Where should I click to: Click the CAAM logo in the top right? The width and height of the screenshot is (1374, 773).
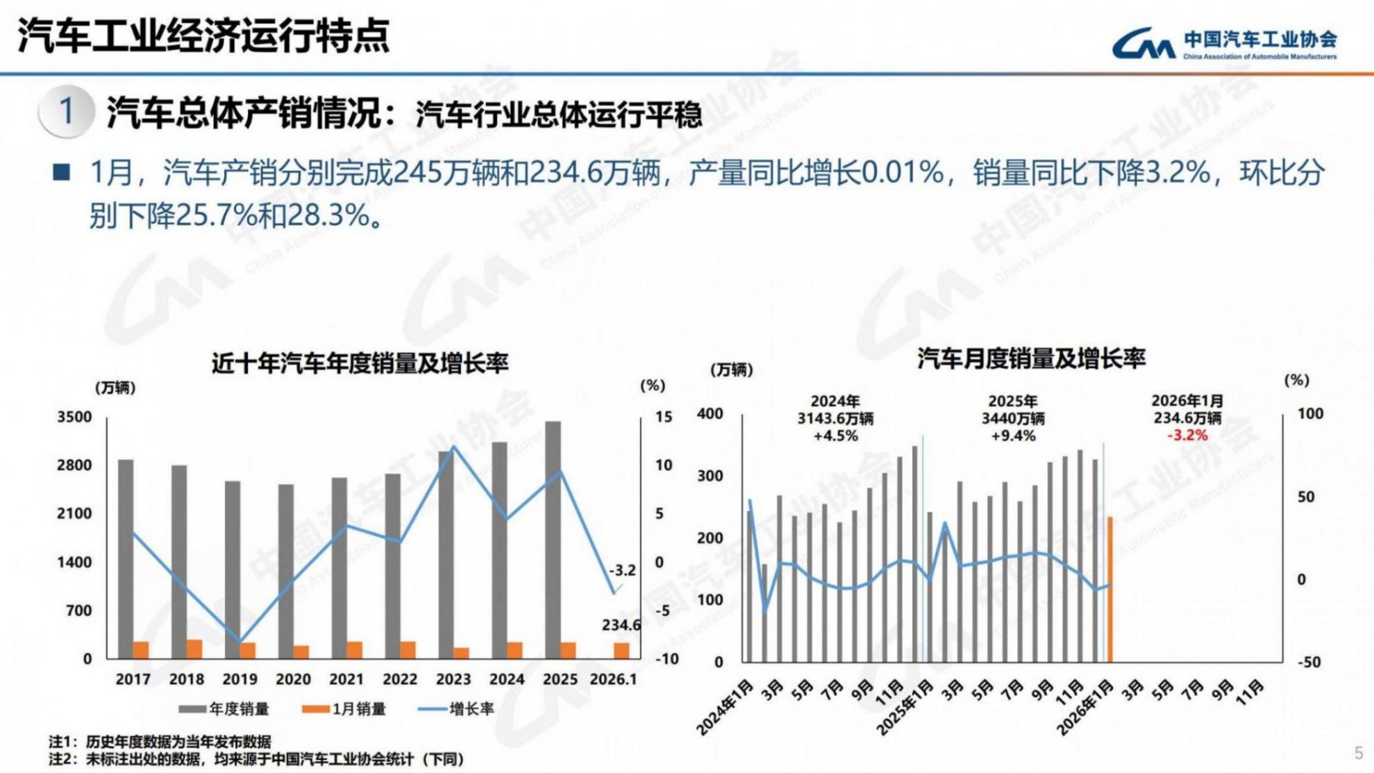click(x=1223, y=44)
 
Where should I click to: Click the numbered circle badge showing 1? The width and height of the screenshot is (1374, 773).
click(x=67, y=111)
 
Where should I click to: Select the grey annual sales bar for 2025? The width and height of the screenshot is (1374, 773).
click(x=553, y=538)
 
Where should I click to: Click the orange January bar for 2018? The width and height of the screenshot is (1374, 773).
click(x=194, y=649)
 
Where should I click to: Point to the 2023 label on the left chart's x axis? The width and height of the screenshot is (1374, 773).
click(x=453, y=679)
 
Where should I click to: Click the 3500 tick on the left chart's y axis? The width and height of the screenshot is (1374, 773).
click(x=74, y=417)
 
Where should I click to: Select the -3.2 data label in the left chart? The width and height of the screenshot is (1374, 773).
click(x=622, y=570)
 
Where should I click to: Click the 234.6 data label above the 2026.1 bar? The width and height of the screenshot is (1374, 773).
click(x=621, y=625)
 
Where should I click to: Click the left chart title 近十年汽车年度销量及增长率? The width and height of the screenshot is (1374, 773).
click(x=360, y=363)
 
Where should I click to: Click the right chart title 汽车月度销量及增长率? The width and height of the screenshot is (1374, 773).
click(x=1031, y=359)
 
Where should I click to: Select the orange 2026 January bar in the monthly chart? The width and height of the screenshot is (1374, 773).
click(x=1110, y=589)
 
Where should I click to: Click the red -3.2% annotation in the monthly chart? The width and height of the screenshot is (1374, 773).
click(x=1187, y=435)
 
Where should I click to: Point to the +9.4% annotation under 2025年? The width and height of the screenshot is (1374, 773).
click(x=1013, y=436)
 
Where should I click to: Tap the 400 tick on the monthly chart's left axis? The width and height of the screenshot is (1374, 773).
click(x=710, y=414)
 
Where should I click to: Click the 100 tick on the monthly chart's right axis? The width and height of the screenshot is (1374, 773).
click(x=1310, y=414)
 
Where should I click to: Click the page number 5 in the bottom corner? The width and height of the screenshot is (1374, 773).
click(x=1359, y=753)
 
